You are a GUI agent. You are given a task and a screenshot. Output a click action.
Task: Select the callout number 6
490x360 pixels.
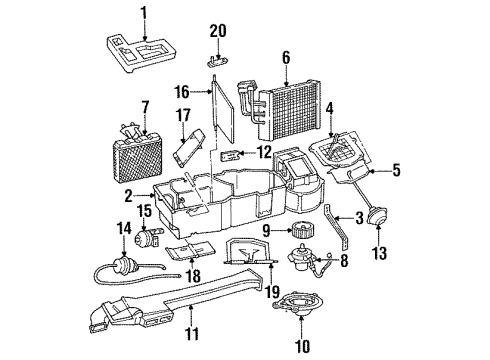tap(286, 57)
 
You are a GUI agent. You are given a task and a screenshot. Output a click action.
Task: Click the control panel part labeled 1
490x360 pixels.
tap(140, 53)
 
